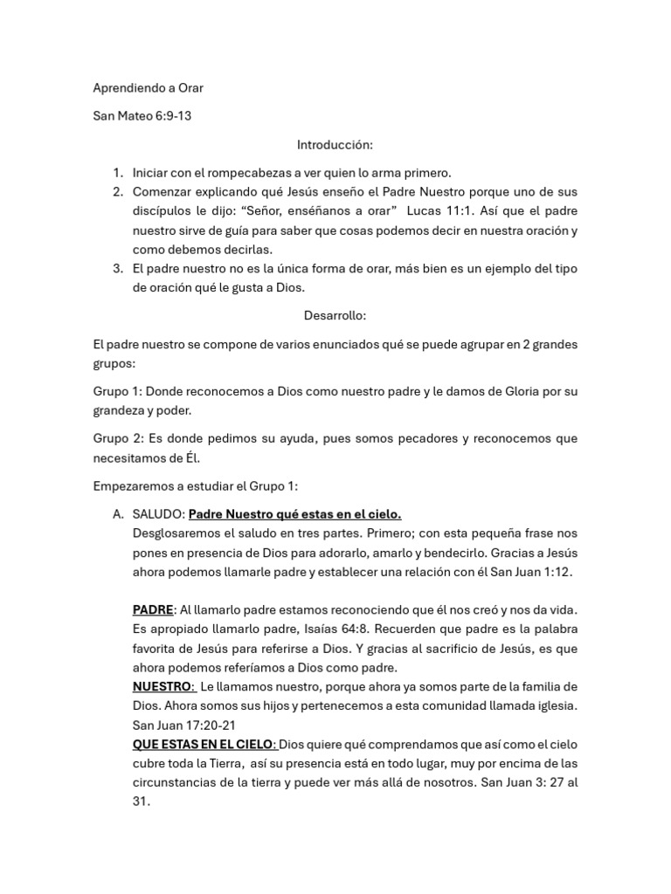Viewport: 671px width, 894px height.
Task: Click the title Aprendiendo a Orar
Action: point(148,88)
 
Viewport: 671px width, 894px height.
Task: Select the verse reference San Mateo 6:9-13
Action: point(142,116)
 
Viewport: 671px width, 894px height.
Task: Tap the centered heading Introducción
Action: point(335,144)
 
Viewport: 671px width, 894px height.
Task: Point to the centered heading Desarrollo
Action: point(335,315)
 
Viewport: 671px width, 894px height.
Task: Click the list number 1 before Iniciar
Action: point(118,173)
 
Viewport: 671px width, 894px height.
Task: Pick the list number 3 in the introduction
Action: point(118,267)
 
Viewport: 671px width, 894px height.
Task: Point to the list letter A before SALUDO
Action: point(118,514)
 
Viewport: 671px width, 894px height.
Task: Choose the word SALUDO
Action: point(158,514)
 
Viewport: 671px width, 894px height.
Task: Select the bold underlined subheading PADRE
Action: point(153,609)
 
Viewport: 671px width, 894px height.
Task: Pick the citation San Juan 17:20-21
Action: point(184,725)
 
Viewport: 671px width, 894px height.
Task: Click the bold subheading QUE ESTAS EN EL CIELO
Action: point(204,744)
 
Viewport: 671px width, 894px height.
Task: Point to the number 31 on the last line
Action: point(141,801)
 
